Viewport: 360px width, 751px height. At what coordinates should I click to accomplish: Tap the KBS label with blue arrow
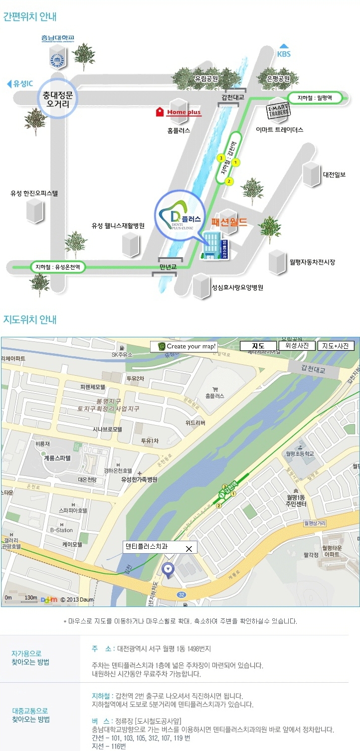click(284, 51)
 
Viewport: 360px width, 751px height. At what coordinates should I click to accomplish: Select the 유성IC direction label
click(19, 84)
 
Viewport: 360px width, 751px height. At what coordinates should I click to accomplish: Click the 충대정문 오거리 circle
click(58, 98)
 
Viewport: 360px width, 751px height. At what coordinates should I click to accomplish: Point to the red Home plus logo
click(179, 112)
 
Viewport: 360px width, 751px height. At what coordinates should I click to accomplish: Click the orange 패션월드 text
click(229, 222)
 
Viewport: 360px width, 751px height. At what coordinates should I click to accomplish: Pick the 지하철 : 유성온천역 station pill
click(58, 267)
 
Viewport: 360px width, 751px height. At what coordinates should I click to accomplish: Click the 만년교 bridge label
click(168, 267)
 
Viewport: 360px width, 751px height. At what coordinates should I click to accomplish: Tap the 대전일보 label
click(334, 174)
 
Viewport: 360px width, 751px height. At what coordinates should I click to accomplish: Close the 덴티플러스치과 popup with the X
click(188, 549)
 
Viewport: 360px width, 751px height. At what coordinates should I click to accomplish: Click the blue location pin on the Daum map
click(169, 570)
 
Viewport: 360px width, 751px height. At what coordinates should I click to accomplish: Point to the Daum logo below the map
click(49, 600)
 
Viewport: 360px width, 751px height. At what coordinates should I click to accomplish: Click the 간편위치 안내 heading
click(30, 16)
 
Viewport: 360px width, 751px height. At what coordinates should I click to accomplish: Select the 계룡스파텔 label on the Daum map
click(57, 457)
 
